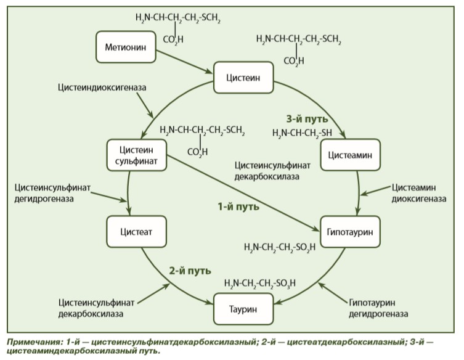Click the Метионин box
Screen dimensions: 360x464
pyautogui.click(x=126, y=49)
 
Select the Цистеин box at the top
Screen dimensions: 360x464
pyautogui.click(x=243, y=78)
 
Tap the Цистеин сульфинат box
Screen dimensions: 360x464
pyautogui.click(x=137, y=155)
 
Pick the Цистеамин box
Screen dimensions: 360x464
pyautogui.click(x=350, y=155)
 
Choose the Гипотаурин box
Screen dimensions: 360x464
pyautogui.click(x=350, y=232)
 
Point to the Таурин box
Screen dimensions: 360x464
pyautogui.click(x=243, y=309)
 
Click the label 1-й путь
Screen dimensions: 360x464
pyautogui.click(x=238, y=207)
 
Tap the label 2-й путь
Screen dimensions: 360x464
pyautogui.click(x=190, y=270)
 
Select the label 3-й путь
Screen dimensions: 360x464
pyautogui.click(x=307, y=119)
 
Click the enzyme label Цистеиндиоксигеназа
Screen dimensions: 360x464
pyautogui.click(x=102, y=88)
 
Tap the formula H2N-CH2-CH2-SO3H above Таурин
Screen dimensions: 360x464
pyautogui.click(x=260, y=284)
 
